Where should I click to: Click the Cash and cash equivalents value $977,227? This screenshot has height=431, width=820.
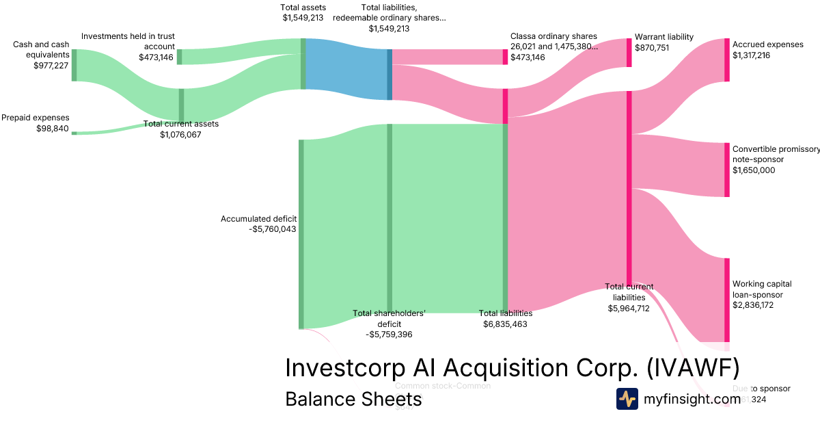pyautogui.click(x=51, y=66)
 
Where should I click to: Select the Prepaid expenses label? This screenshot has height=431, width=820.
pyautogui.click(x=36, y=118)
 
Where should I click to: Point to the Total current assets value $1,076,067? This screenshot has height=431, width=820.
pyautogui.click(x=180, y=135)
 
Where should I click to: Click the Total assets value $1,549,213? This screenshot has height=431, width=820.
pyautogui.click(x=303, y=18)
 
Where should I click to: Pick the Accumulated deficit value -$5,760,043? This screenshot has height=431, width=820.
pyautogui.click(x=273, y=230)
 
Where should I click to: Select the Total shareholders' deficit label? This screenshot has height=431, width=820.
pyautogui.click(x=389, y=319)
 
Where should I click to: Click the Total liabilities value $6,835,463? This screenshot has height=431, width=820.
pyautogui.click(x=505, y=324)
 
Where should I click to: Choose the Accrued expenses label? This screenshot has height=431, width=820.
pyautogui.click(x=767, y=44)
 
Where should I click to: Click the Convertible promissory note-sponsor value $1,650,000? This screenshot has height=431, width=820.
pyautogui.click(x=754, y=170)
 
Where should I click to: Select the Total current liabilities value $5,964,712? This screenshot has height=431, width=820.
pyautogui.click(x=629, y=309)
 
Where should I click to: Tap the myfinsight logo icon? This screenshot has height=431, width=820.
pyautogui.click(x=627, y=399)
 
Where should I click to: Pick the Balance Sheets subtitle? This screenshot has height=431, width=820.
pyautogui.click(x=353, y=400)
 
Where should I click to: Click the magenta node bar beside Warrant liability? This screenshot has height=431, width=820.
pyautogui.click(x=629, y=53)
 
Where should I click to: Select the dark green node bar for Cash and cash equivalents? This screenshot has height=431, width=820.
pyautogui.click(x=74, y=65)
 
